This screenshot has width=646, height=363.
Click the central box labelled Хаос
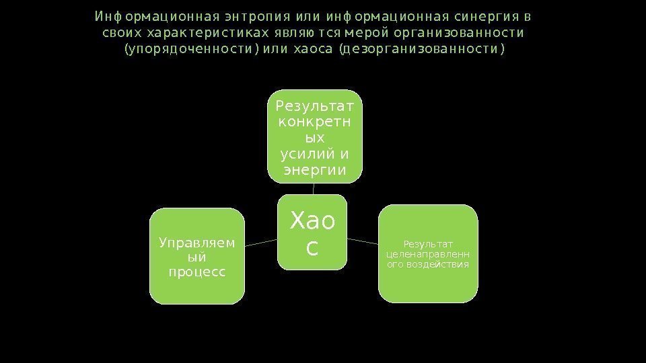click(x=313, y=233)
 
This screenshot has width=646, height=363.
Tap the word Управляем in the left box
click(x=196, y=242)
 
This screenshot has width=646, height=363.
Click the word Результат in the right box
click(x=428, y=243)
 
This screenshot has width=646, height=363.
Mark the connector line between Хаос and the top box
click(x=314, y=189)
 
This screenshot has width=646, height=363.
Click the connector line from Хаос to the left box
click(x=262, y=243)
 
